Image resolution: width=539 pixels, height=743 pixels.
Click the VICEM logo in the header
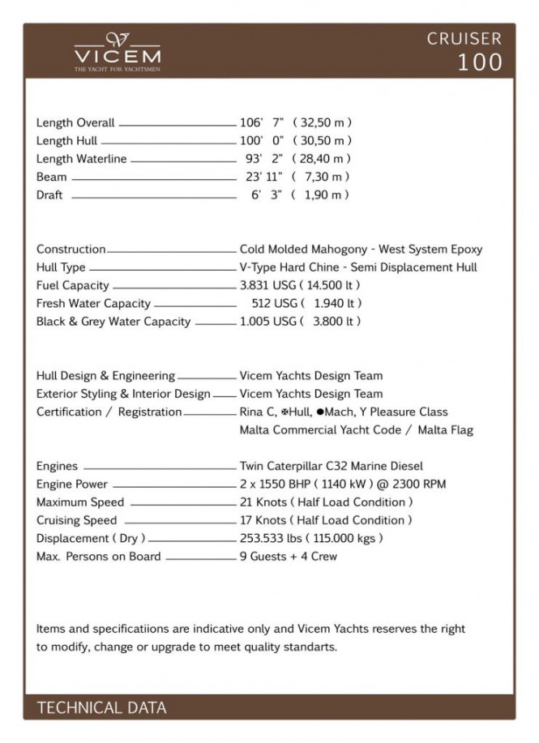click(118, 52)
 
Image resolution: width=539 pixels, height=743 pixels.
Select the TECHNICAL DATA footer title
click(101, 707)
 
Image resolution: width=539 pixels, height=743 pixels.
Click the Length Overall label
click(75, 123)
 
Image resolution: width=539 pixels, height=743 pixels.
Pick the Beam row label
click(52, 177)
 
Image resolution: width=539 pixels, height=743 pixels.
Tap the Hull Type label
click(61, 267)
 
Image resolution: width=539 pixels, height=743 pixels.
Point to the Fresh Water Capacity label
click(93, 303)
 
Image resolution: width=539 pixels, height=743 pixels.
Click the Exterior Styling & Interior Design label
click(123, 394)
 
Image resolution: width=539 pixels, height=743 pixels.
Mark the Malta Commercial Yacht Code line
click(357, 430)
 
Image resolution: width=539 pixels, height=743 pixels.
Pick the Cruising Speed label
click(76, 520)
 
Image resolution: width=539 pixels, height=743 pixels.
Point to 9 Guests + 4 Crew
click(289, 556)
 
